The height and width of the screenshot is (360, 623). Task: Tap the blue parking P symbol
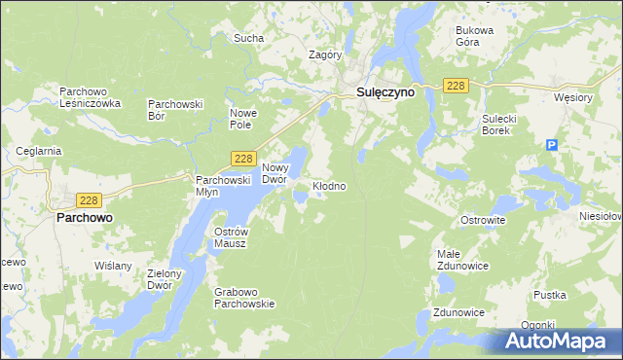552,145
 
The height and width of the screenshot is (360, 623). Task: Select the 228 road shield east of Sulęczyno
457,87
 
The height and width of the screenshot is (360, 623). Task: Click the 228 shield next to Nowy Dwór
243,159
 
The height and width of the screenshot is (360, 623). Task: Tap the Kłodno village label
328,185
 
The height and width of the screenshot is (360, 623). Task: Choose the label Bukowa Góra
475,36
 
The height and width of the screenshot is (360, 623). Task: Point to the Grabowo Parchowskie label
244,297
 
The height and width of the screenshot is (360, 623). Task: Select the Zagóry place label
324,55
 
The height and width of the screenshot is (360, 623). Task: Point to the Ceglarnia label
39,151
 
